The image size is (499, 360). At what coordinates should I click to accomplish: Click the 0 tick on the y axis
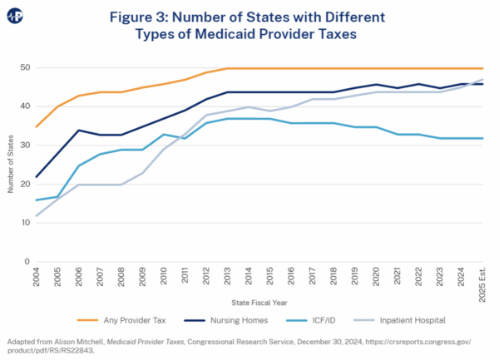click(27, 261)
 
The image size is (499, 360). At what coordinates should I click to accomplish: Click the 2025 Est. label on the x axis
click(482, 281)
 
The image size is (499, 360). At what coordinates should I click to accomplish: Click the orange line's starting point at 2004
click(37, 126)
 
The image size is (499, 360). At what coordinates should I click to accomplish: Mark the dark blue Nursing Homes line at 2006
click(79, 131)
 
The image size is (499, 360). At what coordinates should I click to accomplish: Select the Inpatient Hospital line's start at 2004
click(37, 215)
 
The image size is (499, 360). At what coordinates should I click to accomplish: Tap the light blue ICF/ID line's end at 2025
click(482, 138)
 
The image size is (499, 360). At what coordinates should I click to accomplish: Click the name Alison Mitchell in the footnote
click(76, 342)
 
